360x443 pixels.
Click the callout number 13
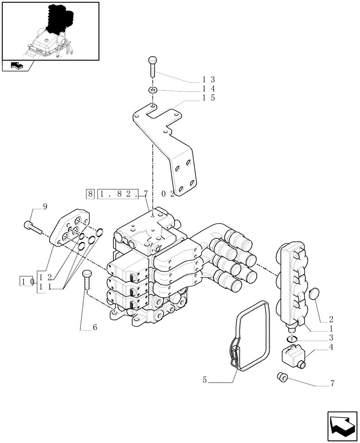click(x=208, y=80)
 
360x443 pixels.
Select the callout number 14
click(x=208, y=89)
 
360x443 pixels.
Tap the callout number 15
click(x=208, y=98)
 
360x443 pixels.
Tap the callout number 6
click(x=94, y=328)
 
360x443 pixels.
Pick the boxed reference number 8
click(x=90, y=193)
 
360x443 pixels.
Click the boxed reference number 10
click(x=27, y=281)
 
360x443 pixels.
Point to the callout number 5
click(x=204, y=380)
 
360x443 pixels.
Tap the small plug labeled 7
click(x=282, y=377)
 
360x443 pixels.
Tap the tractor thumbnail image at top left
click(x=50, y=31)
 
